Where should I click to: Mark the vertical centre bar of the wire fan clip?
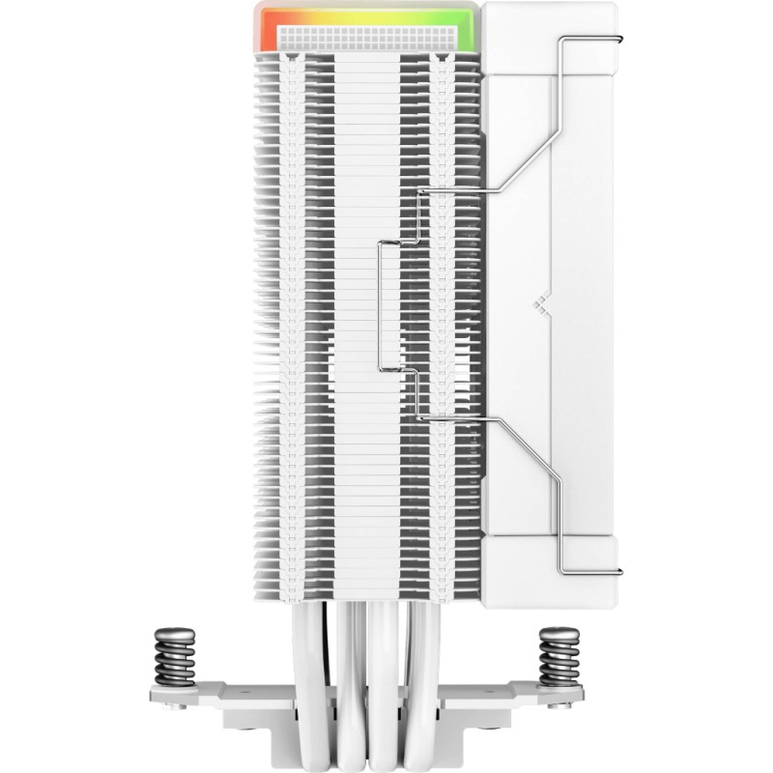[x=379, y=305]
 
